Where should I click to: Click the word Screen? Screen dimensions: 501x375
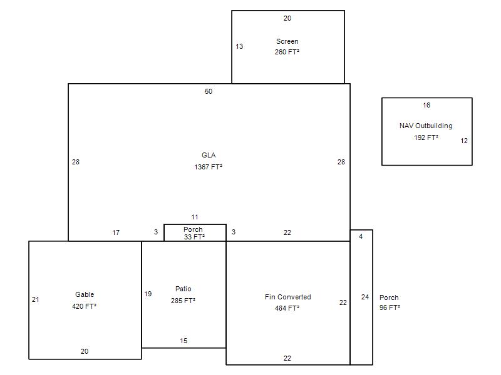pos(287,41)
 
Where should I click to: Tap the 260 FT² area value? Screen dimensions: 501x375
pos(287,52)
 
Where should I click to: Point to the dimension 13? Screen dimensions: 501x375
pos(239,46)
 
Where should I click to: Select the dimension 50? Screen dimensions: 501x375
pos(209,91)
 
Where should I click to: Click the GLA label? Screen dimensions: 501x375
pos(209,155)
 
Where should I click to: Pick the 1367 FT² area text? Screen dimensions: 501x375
pos(209,167)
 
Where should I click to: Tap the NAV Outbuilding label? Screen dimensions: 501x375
pos(426,126)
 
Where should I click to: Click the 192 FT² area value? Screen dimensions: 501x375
pos(426,137)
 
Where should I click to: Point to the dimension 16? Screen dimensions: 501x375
pos(426,105)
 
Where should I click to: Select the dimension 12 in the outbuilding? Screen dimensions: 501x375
pos(464,141)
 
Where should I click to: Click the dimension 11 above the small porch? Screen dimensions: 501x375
pos(195,217)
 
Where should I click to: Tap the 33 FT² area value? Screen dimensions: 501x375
pos(194,237)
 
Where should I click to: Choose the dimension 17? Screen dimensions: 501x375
pos(116,232)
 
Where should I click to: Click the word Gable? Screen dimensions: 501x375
pos(85,294)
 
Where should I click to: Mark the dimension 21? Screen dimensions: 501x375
pos(36,299)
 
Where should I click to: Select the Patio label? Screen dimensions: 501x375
pos(183,289)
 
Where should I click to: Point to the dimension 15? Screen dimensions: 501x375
pos(183,341)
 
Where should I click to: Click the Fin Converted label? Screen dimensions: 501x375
pos(288,297)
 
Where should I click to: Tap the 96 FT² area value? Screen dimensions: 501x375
pos(390,307)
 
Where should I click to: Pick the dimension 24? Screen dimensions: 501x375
pos(365,297)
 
